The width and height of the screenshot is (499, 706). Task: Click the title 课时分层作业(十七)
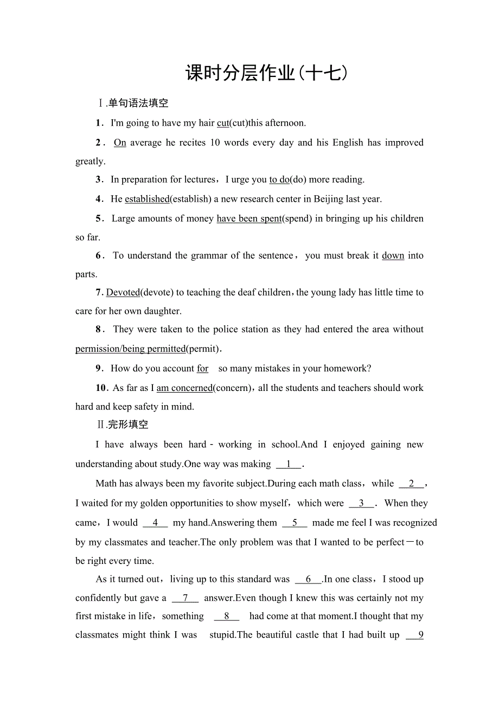pyautogui.click(x=266, y=73)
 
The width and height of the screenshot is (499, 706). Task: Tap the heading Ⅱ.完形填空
pyautogui.click(x=123, y=425)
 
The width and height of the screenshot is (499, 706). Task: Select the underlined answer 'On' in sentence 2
pyautogui.click(x=120, y=143)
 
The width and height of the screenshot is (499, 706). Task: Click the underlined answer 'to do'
pyautogui.click(x=279, y=179)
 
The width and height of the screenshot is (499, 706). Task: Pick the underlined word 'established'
pyautogui.click(x=147, y=199)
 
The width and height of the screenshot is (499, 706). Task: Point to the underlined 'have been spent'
pyautogui.click(x=249, y=219)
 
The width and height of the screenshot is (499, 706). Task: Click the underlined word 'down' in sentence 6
pyautogui.click(x=393, y=255)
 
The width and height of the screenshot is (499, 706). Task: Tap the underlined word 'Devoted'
pyautogui.click(x=123, y=292)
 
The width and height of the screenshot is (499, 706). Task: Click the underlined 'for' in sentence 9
pyautogui.click(x=202, y=369)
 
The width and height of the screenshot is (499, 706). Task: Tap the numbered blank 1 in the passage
pyautogui.click(x=289, y=464)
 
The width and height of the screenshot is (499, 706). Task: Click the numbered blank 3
pyautogui.click(x=362, y=503)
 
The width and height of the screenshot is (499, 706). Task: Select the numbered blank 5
pyautogui.click(x=295, y=523)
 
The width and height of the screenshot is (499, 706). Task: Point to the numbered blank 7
pyautogui.click(x=185, y=598)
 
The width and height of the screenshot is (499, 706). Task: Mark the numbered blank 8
pyautogui.click(x=226, y=616)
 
